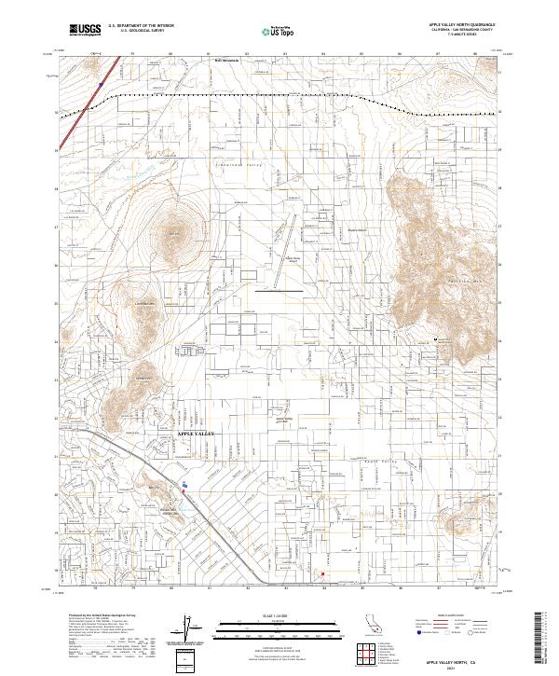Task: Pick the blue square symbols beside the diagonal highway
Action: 185,485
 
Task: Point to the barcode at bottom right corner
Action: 543,640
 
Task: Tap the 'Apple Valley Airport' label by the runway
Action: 293,260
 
